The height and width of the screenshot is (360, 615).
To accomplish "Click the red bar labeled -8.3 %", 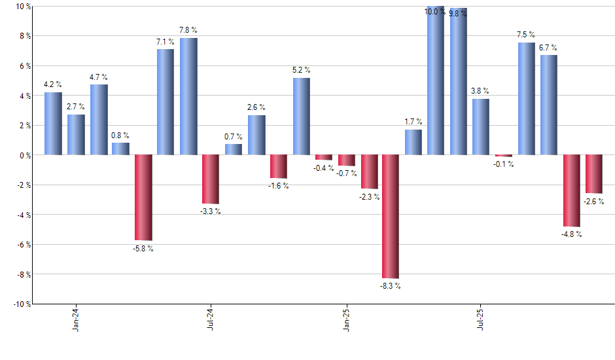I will coord(391,217).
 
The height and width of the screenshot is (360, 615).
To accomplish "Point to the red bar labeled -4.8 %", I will coord(571,190).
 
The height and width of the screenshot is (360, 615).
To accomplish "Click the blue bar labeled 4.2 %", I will coord(53,124).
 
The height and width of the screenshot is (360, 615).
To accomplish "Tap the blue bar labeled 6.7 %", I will coord(549,105).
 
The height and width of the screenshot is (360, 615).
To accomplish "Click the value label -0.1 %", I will coord(503,164).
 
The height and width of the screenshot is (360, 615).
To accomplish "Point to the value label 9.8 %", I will coord(457,12).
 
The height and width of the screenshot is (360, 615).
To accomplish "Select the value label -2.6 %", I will coord(593,202).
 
